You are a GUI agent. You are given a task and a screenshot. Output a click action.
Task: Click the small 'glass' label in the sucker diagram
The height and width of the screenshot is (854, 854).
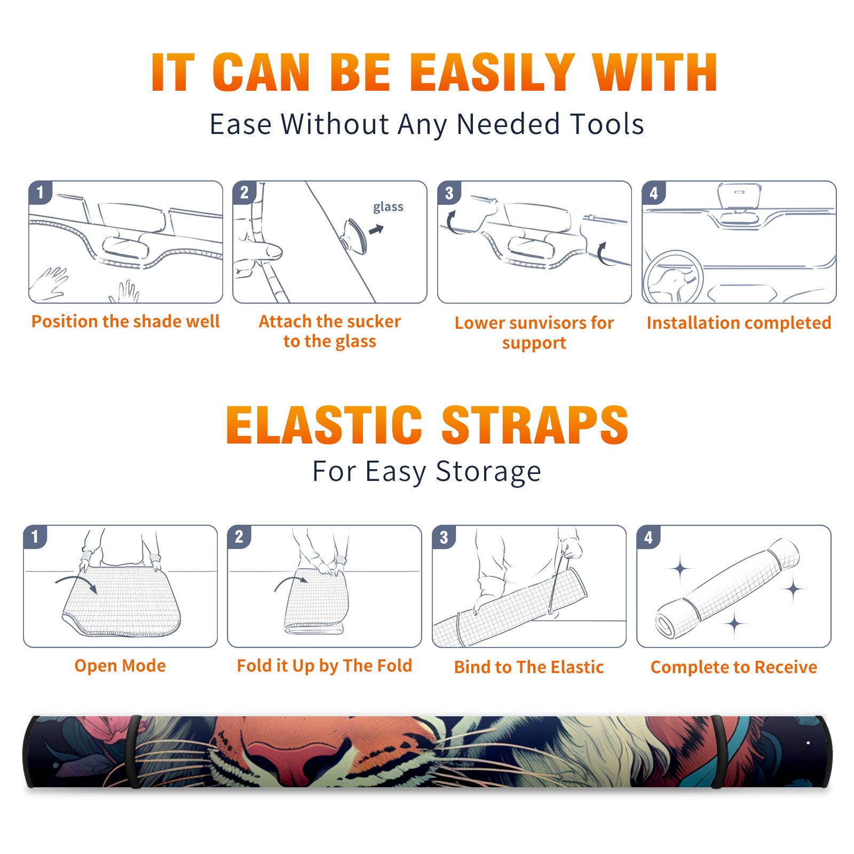pyautogui.click(x=388, y=207)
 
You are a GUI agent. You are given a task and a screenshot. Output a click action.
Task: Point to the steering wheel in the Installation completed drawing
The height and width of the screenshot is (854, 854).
pyautogui.click(x=673, y=278)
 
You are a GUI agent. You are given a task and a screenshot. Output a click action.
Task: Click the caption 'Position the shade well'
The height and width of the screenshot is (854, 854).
pyautogui.click(x=125, y=321)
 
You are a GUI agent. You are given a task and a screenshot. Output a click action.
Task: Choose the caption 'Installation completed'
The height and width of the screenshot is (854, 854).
pyautogui.click(x=739, y=323)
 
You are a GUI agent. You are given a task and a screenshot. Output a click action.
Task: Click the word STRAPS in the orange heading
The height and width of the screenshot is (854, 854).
pyautogui.click(x=535, y=425)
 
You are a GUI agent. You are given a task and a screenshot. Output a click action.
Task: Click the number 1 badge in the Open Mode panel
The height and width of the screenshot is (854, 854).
pyautogui.click(x=35, y=536)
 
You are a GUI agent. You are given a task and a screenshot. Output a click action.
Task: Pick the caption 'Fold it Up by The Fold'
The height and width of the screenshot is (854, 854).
pyautogui.click(x=325, y=666)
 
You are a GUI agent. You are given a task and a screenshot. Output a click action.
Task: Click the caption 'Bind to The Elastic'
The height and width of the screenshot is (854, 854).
pyautogui.click(x=529, y=667)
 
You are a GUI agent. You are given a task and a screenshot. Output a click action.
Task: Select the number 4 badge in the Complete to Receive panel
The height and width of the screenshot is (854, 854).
pyautogui.click(x=649, y=537)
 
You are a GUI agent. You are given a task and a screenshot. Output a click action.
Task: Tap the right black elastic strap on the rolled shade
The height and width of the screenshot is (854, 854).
pyautogui.click(x=718, y=752)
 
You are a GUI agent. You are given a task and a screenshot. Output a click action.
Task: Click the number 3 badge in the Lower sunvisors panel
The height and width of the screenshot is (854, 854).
pyautogui.click(x=449, y=193)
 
